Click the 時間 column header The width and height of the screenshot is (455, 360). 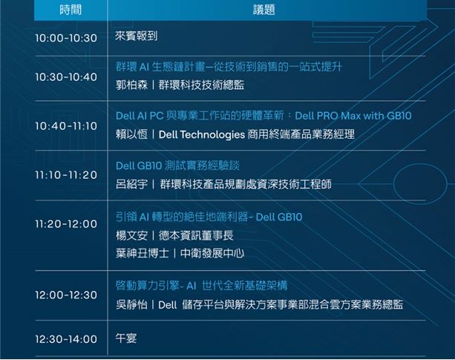tap(71, 10)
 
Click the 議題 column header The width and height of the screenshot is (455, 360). tap(263, 10)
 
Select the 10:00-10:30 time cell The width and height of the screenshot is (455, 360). tap(66, 38)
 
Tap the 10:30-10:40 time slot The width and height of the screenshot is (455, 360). tap(66, 77)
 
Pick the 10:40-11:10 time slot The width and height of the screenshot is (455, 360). tap(66, 126)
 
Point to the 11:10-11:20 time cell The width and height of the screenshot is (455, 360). tap(66, 175)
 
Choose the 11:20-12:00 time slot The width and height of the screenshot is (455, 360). tap(66, 224)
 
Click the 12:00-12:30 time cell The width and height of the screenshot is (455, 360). tap(66, 295)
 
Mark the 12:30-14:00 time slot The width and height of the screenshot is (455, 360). tap(66, 339)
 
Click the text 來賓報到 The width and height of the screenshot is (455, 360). tap(137, 36)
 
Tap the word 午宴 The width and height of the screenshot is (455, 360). tap(126, 338)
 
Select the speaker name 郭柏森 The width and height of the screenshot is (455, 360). tap(131, 85)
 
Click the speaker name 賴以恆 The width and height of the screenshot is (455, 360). tap(131, 134)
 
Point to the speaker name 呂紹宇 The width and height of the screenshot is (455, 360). tap(131, 184)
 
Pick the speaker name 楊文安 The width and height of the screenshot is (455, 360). tap(131, 235)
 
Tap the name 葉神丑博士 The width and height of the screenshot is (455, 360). tap(143, 253)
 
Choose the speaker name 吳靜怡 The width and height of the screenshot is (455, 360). tap(131, 304)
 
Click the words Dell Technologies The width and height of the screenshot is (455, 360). tap(202, 134)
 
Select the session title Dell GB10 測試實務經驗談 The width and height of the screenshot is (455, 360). tap(177, 166)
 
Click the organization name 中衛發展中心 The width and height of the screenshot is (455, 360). tap(212, 253)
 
